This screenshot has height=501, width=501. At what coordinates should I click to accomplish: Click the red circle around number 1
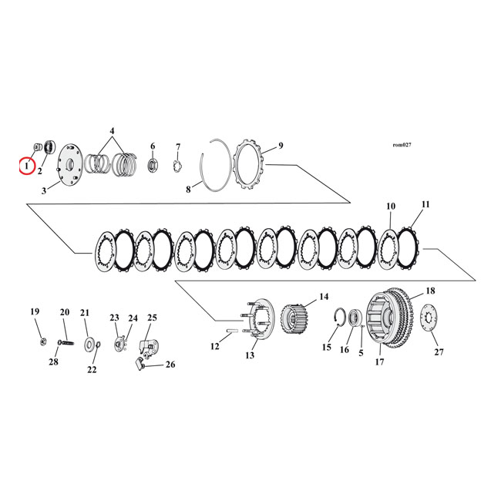click(26, 165)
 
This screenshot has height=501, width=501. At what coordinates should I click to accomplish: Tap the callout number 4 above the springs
click(112, 131)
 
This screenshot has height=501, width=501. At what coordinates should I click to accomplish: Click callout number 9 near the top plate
click(281, 146)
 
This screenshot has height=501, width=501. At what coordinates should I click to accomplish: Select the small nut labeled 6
click(153, 164)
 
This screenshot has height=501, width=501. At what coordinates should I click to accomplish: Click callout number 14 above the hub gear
click(323, 297)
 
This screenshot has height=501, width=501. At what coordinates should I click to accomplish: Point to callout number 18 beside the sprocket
click(430, 292)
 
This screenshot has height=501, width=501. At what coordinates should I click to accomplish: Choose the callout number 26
click(170, 365)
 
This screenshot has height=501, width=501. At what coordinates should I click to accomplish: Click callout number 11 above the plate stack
click(425, 206)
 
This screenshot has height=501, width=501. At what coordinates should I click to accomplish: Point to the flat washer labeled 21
click(91, 341)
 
